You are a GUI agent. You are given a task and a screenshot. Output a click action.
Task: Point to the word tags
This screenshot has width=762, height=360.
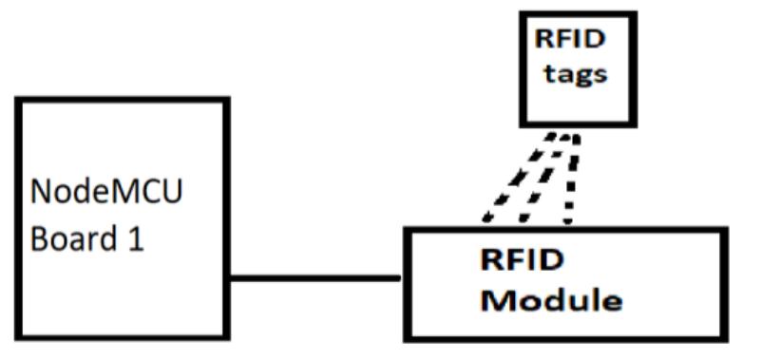click(576, 75)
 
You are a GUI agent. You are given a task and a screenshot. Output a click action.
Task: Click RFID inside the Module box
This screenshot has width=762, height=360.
click(522, 260)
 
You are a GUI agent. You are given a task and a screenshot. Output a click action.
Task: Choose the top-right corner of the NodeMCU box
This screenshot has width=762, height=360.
click(228, 100)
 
